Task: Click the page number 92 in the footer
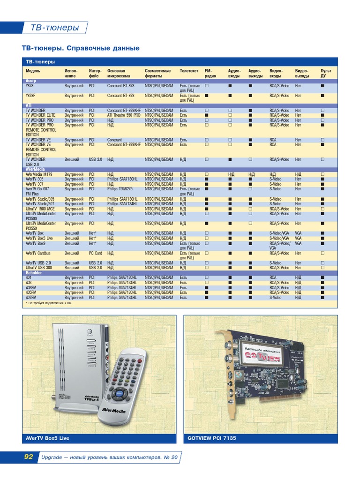click(29, 457)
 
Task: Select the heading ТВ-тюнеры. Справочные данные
click(81, 48)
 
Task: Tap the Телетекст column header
click(189, 70)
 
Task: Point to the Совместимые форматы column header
click(157, 73)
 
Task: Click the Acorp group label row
click(30, 81)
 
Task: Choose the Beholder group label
click(34, 272)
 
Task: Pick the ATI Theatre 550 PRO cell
click(123, 115)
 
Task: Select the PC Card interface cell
click(96, 253)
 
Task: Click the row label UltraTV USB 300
click(39, 268)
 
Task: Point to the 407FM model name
click(31, 297)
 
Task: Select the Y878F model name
click(30, 96)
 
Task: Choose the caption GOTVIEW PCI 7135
click(212, 438)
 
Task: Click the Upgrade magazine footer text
click(109, 457)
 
